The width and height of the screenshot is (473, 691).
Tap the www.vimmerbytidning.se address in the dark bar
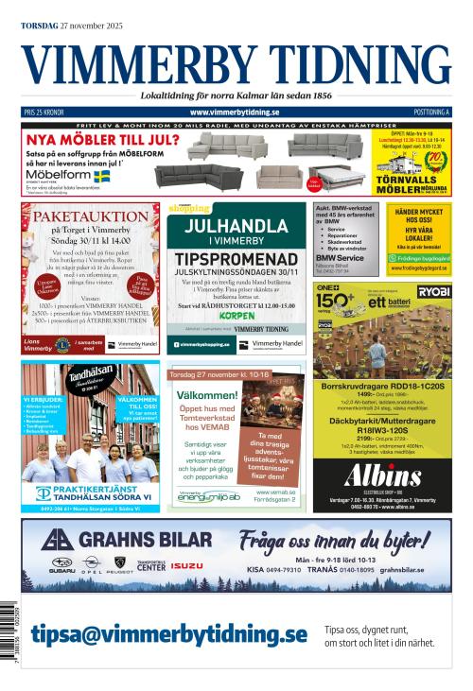coord(236,112)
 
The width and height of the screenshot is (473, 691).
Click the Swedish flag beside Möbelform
coord(101,176)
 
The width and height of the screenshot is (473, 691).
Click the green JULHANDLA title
coord(236,226)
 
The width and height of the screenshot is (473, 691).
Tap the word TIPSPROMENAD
coord(236,258)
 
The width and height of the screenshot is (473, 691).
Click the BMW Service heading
coord(340,258)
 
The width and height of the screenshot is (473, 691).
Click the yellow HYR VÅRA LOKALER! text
coord(418,232)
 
